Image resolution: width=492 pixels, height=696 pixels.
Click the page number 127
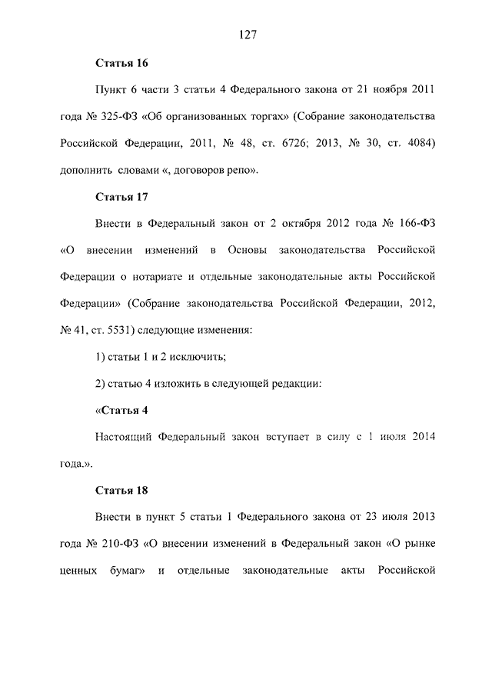tap(246, 35)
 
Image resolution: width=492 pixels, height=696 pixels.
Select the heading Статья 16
tap(121, 62)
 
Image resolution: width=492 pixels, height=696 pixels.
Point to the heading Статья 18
tap(121, 489)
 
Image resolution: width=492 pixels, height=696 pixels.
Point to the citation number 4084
tap(416, 143)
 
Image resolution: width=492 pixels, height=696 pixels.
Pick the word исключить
tap(198, 357)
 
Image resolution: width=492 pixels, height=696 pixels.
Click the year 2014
tap(422, 436)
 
